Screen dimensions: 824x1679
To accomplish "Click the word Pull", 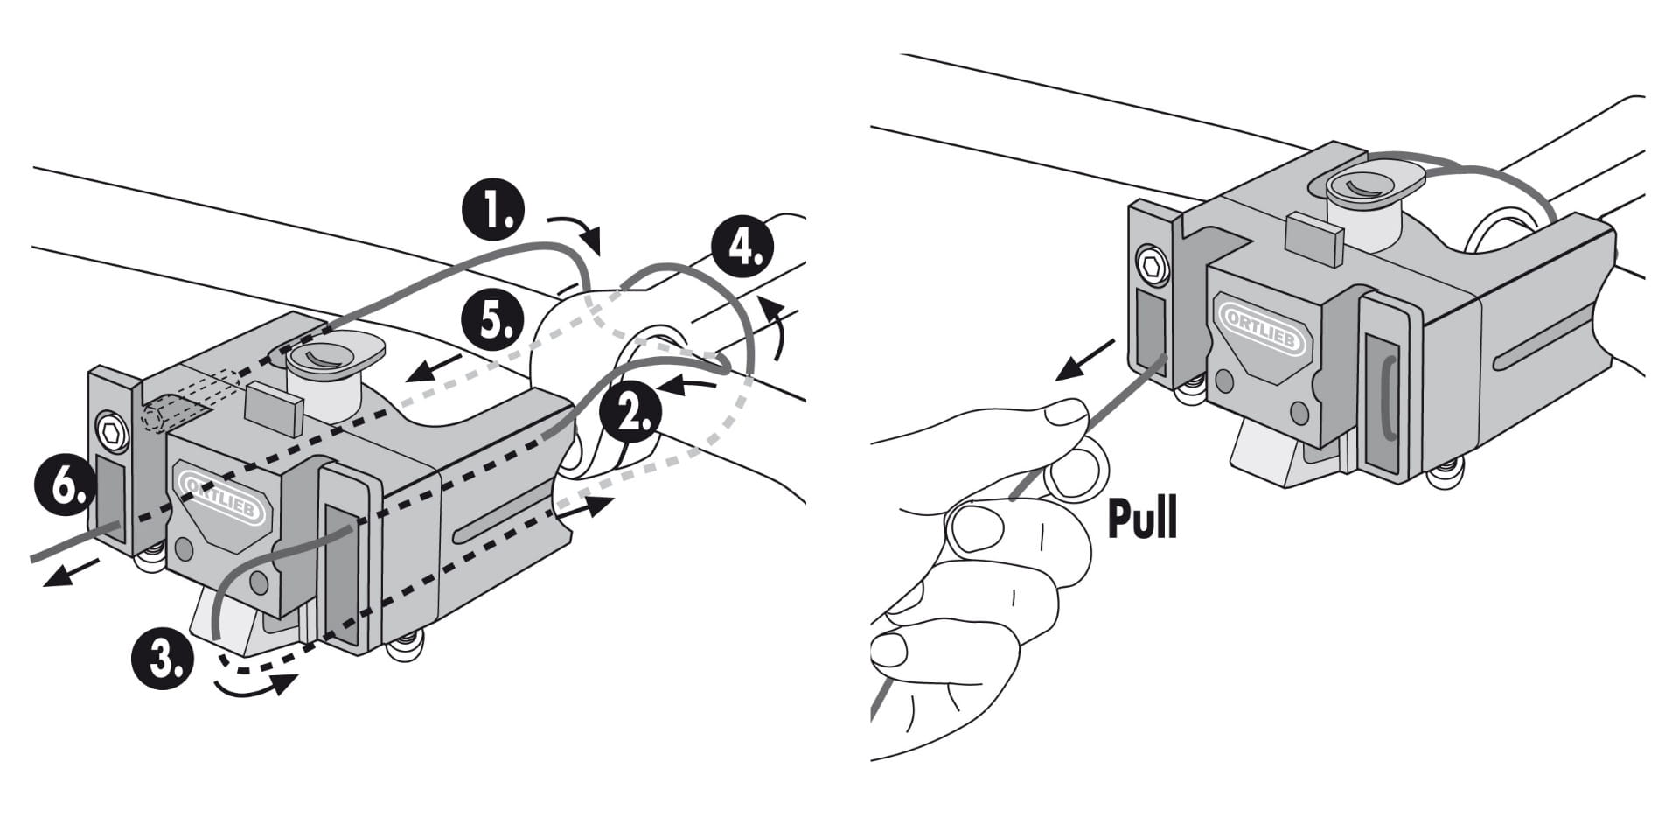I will [x=1142, y=518].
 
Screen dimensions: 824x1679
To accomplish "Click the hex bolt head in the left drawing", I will [x=112, y=430].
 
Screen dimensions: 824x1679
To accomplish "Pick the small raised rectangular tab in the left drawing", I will [x=274, y=408].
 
